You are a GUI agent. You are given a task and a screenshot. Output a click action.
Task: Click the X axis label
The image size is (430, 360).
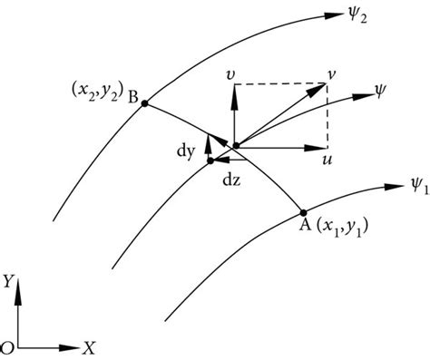(88, 345)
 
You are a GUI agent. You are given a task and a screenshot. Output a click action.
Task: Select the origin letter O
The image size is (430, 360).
(6, 345)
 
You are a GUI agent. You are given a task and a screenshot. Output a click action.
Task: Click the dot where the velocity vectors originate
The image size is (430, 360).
(235, 144)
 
